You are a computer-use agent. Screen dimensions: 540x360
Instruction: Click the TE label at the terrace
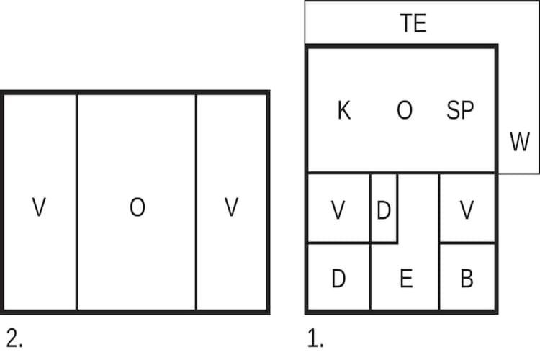coord(413,23)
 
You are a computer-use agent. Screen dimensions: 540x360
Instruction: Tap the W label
coord(520,142)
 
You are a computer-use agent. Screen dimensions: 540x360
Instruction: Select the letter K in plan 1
coord(344,110)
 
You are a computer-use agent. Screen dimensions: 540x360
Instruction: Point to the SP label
coord(460,110)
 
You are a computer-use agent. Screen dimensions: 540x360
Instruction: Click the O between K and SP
coord(405,110)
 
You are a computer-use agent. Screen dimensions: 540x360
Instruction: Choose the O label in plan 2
coord(138,207)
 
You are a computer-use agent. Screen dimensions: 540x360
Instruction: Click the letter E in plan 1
coord(406,279)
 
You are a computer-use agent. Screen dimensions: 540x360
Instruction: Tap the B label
coord(467,279)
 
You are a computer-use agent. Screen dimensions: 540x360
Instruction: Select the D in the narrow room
coord(384,210)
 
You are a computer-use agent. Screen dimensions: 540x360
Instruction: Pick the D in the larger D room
coord(338,279)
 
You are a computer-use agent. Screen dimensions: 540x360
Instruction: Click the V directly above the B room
coord(467,210)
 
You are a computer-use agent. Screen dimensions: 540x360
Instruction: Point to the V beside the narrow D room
coord(338,210)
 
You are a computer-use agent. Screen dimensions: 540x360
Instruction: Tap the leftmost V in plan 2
coord(39,207)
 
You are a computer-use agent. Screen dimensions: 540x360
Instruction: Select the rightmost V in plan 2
coord(231,207)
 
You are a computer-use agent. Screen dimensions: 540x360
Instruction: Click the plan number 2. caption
coord(14,339)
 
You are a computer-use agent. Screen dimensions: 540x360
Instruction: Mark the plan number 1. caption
coord(315,339)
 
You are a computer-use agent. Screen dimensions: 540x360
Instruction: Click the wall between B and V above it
coord(467,243)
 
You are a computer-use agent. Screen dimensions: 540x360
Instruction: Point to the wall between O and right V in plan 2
coord(196,202)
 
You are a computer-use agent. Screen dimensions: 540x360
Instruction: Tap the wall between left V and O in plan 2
coord(76,202)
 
